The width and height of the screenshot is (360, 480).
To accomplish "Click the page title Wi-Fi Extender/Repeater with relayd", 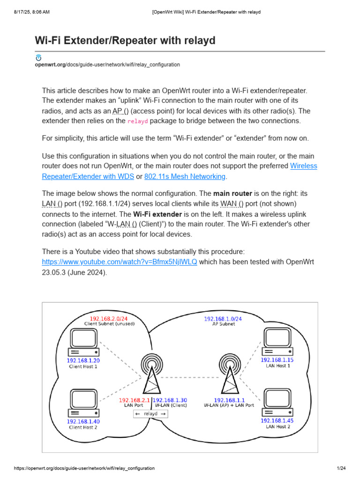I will point(125,41).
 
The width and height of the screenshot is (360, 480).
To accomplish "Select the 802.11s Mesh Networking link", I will point(185,176).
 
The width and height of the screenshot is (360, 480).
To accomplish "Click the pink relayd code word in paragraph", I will point(138,121).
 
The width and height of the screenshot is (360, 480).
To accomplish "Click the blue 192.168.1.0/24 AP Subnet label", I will point(223,319).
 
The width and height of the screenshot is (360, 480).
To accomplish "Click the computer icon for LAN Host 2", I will point(278,403).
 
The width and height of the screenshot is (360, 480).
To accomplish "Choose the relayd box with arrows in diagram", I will point(150,414).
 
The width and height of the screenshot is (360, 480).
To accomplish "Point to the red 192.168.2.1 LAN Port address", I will point(134,400).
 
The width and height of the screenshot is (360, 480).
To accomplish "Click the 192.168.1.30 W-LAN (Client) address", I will point(170,400).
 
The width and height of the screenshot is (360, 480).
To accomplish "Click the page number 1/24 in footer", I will point(341,469).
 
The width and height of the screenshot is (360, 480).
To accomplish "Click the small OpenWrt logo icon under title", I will point(38,58).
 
